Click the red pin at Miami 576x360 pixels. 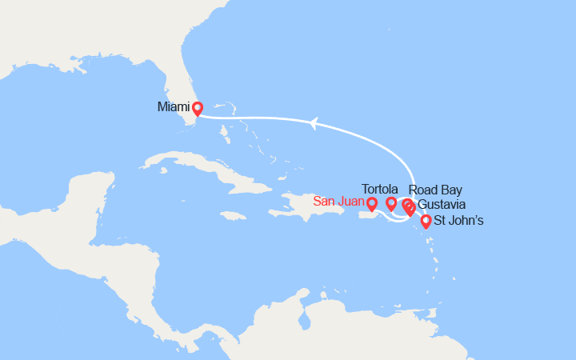tap(197, 108)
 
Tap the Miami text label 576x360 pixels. tap(174, 106)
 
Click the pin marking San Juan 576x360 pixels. tap(372, 204)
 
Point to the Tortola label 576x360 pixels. tap(381, 190)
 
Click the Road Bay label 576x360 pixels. tap(434, 190)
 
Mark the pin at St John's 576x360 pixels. tap(426, 221)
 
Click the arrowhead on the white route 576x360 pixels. tap(314, 122)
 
